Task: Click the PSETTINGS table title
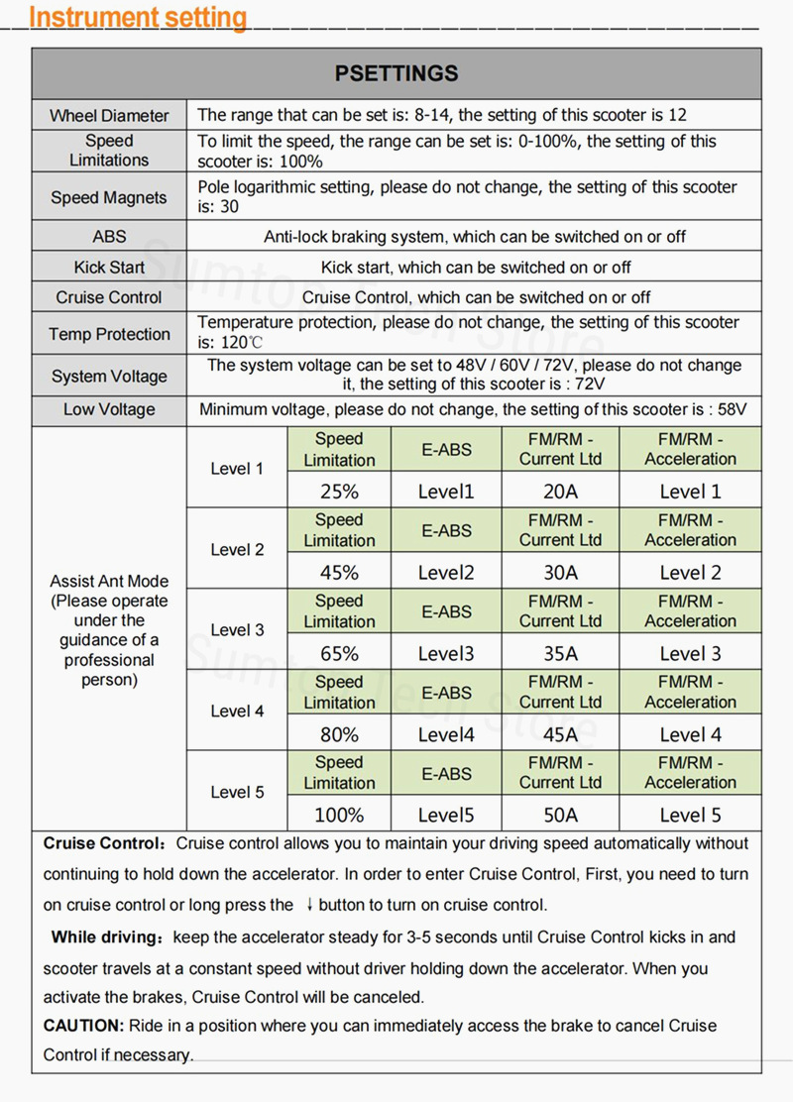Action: coord(396,73)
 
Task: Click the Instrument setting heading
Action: coord(138,17)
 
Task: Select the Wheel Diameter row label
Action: coord(109,116)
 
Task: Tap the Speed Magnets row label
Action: coord(109,197)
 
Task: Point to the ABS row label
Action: coord(109,238)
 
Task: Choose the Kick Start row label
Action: coord(109,268)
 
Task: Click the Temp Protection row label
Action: coord(109,335)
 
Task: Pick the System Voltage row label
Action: coord(109,377)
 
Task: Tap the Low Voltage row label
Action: coord(109,410)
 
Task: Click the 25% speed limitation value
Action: coord(339,491)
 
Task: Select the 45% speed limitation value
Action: coord(339,572)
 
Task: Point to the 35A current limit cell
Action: coord(560,653)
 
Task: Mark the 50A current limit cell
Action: coord(560,815)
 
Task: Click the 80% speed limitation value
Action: coord(339,734)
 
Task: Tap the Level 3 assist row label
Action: coord(237,630)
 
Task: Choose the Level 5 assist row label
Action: coord(237,793)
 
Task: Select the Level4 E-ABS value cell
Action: coord(446,734)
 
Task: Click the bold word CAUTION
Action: coord(83,1026)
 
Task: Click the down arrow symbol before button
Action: coord(309,905)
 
